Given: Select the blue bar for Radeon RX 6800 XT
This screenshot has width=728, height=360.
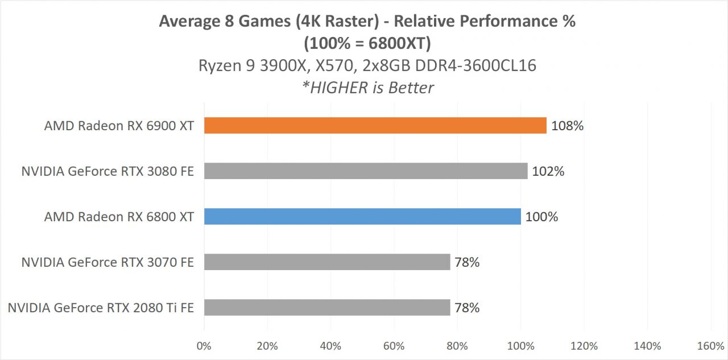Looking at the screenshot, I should point(362,217).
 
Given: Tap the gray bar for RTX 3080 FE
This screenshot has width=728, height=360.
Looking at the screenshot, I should point(366,171).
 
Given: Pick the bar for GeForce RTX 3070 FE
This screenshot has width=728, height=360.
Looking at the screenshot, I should point(327,262).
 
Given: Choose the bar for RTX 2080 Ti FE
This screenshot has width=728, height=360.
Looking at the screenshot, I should point(327,308).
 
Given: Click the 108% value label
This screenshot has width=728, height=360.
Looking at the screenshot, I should point(567,126).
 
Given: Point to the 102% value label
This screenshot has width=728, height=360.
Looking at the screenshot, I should point(548,171).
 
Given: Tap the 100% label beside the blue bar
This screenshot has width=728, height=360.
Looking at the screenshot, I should point(541,217).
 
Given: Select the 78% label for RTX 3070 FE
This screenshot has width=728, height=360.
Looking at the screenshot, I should point(466,262).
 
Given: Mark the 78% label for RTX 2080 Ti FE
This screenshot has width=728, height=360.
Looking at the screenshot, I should point(466,308).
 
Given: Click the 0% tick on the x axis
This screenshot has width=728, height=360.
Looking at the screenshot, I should point(204,346).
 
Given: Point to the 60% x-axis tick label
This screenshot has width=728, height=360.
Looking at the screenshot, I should point(394,346).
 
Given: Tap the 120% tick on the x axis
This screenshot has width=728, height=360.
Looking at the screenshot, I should point(584,346).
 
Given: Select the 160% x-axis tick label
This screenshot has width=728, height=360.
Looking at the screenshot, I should point(710,346).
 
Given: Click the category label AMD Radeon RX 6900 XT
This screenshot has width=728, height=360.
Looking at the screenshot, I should point(119,126).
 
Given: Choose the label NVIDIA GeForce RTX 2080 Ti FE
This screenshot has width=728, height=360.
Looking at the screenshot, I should point(101,308).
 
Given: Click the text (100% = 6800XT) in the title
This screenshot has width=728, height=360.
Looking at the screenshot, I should point(367,43).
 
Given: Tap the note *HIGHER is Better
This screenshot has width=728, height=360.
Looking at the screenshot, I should point(367,88).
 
